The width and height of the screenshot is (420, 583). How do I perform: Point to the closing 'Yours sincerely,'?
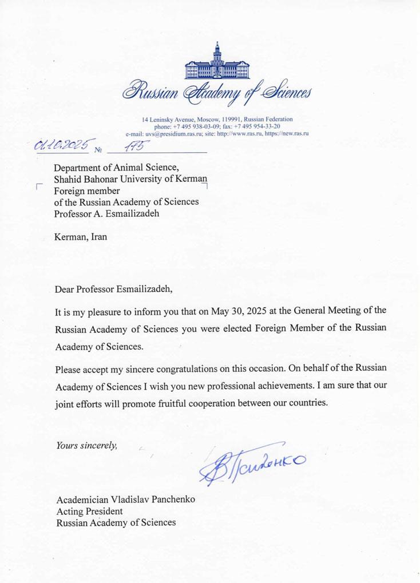coord(86,445)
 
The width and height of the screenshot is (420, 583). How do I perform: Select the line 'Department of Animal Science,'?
coord(117,167)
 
